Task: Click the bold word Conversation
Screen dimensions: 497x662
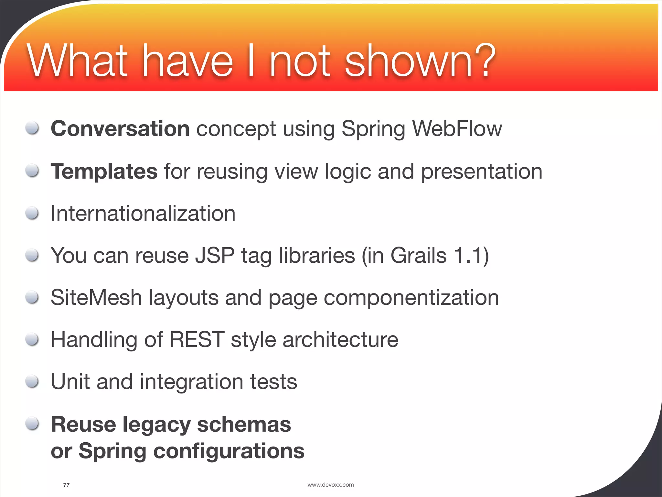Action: [x=120, y=129]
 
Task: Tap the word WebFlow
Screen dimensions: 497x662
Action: [x=457, y=129]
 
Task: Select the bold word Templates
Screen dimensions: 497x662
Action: [x=104, y=171]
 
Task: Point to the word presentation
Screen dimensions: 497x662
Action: [x=482, y=172]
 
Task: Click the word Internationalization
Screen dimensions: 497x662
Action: [x=143, y=214]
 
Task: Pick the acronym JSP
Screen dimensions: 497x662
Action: [x=215, y=256]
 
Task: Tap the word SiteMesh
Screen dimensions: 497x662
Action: [x=96, y=298]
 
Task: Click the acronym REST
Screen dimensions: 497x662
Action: [x=197, y=340]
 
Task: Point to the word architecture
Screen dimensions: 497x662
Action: [x=340, y=340]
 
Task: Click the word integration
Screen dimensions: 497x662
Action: [x=191, y=382]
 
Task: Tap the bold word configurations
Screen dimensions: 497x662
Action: [x=229, y=451]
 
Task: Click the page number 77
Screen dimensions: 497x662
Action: [x=66, y=485]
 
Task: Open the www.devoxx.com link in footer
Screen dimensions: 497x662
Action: [x=330, y=485]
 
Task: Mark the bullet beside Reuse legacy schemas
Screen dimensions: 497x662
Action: [x=32, y=424]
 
